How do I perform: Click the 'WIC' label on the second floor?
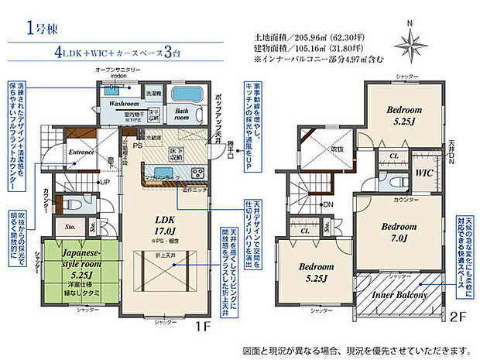click(425, 171)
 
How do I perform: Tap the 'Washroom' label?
click(123, 103)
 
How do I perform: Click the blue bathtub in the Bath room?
click(184, 97)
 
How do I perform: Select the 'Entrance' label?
click(81, 153)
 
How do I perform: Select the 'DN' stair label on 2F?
click(328, 204)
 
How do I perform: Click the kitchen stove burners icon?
click(195, 172)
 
